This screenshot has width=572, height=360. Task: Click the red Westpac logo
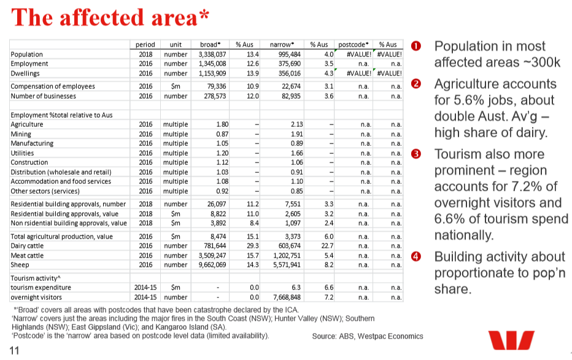click(x=511, y=341)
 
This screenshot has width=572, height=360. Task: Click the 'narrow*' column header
click(x=282, y=45)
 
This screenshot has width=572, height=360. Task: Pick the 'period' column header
click(x=145, y=45)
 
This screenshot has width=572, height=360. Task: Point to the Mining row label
click(x=22, y=134)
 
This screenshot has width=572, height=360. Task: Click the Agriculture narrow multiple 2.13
click(x=296, y=124)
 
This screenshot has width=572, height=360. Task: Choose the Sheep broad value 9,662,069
click(x=213, y=265)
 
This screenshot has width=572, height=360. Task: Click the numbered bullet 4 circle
click(x=416, y=257)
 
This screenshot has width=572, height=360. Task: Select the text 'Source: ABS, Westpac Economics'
click(x=368, y=336)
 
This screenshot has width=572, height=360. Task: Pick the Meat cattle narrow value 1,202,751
click(x=287, y=255)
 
